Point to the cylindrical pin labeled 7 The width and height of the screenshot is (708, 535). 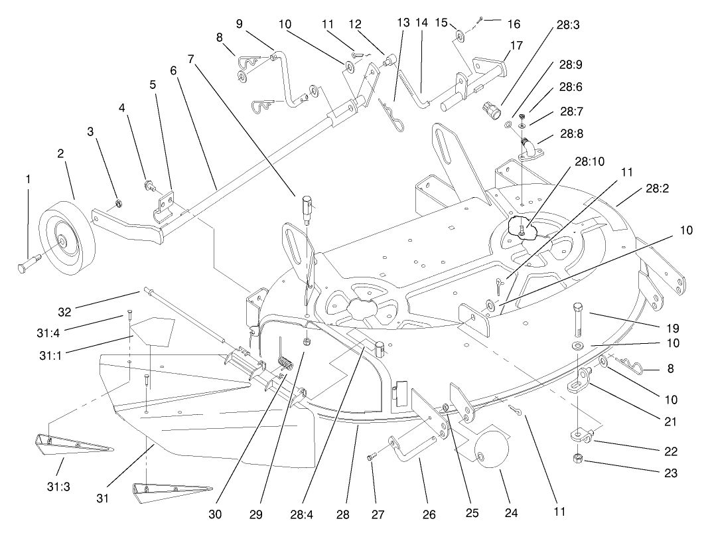tap(307, 205)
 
